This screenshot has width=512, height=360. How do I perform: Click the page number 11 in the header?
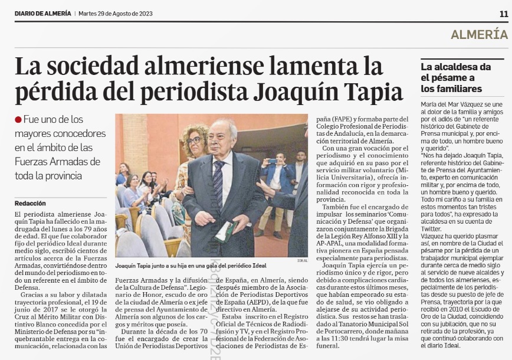503,13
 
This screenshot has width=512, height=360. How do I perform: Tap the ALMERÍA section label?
479,34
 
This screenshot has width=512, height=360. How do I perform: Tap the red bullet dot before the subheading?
18,120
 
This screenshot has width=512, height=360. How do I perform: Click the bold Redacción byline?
31,203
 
